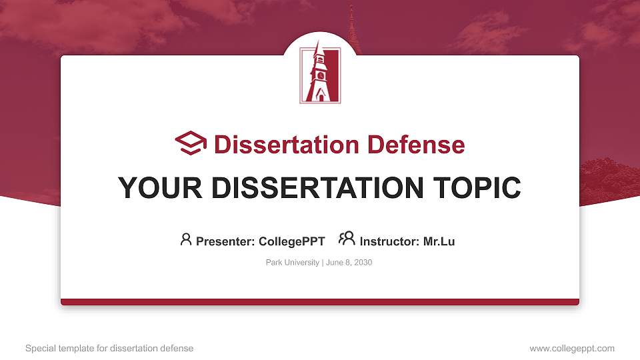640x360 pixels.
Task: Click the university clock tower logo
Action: click(x=320, y=75)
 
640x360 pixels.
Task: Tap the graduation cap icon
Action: click(x=191, y=143)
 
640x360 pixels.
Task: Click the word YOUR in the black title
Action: click(x=153, y=188)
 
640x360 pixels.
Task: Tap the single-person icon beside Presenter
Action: click(x=186, y=239)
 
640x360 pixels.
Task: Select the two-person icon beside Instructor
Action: click(x=347, y=239)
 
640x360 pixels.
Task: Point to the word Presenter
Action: click(x=221, y=241)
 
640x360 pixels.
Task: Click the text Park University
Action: click(x=293, y=263)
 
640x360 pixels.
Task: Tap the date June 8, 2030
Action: click(x=349, y=263)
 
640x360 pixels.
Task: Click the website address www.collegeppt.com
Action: click(x=572, y=348)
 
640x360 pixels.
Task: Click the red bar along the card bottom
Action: click(x=320, y=302)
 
